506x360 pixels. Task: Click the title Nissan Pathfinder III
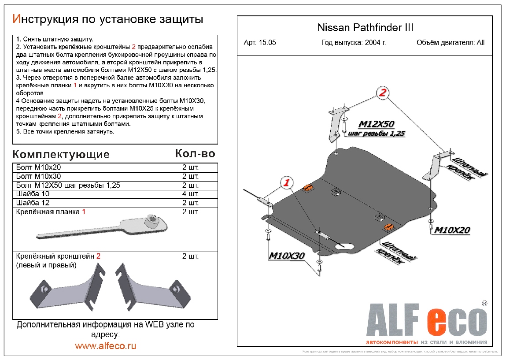point(365,27)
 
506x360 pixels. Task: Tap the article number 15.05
point(267,43)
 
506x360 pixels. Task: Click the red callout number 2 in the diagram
point(383,93)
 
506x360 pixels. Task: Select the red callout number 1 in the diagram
point(287,182)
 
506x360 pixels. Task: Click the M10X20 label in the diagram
point(452,230)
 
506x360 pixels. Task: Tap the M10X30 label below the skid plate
point(287,256)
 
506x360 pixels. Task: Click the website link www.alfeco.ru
point(106,346)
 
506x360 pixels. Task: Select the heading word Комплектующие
point(61,155)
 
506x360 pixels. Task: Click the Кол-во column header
point(195,153)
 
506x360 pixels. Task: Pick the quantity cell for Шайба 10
point(190,194)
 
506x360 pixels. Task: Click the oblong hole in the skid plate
point(346,247)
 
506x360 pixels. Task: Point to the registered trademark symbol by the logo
point(484,303)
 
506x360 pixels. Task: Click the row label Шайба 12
point(33,203)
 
